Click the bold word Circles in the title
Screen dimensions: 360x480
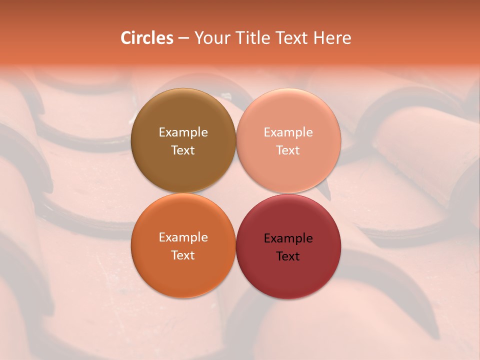pyautogui.click(x=146, y=38)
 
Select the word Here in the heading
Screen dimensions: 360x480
pyautogui.click(x=332, y=38)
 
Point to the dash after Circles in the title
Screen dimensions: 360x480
pyautogui.click(x=183, y=38)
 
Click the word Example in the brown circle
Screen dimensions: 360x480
pyautogui.click(x=183, y=132)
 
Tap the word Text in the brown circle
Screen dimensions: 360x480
pyautogui.click(x=183, y=150)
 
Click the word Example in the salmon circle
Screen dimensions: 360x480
pyautogui.click(x=288, y=132)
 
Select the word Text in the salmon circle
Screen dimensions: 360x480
pyautogui.click(x=288, y=150)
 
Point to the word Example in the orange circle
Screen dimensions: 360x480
pyautogui.click(x=183, y=237)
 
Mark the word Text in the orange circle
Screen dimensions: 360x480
pyautogui.click(x=183, y=255)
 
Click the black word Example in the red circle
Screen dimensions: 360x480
pyautogui.click(x=288, y=238)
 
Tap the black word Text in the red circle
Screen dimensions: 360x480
pyautogui.click(x=288, y=256)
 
